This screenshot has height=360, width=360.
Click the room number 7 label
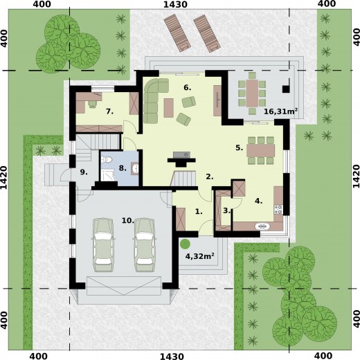tap(110, 111)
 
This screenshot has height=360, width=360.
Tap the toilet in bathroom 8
tap(107, 159)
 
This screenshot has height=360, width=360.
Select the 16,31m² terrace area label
tap(280, 111)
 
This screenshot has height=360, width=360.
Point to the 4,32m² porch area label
tap(200, 256)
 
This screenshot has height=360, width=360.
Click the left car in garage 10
tap(103, 244)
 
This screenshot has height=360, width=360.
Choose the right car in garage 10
tap(144, 244)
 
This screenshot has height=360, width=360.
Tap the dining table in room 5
tap(261, 150)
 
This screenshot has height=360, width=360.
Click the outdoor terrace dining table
tap(252, 93)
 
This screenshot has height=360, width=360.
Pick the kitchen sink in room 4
tap(262, 226)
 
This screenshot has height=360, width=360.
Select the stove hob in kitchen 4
tap(278, 209)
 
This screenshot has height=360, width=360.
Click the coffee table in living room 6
tap(169, 108)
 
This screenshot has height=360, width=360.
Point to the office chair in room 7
tap(93, 104)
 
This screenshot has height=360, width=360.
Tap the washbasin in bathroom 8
tap(135, 168)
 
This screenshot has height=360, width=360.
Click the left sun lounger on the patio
tap(177, 32)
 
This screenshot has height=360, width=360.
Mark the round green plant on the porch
tap(185, 244)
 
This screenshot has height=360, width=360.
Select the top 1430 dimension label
tap(175, 4)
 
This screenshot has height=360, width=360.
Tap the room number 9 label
tap(84, 172)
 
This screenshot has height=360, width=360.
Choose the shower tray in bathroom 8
tap(108, 174)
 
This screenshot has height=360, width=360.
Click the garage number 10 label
tap(128, 221)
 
